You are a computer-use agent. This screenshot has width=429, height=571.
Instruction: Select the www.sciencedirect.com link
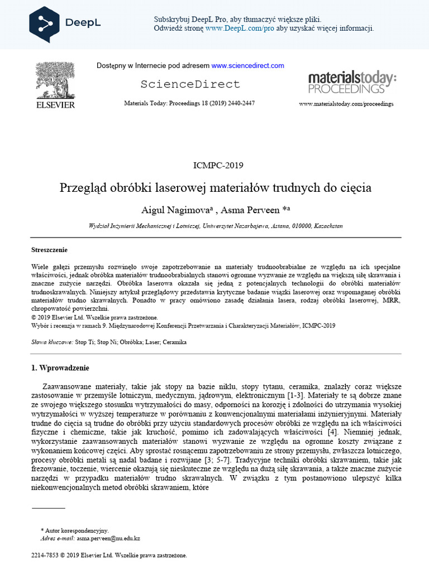pyautogui.click(x=247, y=66)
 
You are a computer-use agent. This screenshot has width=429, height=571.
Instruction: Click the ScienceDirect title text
pyautogui.click(x=190, y=84)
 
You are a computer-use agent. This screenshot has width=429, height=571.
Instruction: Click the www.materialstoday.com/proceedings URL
pyautogui.click(x=346, y=104)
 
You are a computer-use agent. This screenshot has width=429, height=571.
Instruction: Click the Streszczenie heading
pyautogui.click(x=50, y=250)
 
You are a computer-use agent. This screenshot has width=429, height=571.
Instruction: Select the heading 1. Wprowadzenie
pyautogui.click(x=60, y=368)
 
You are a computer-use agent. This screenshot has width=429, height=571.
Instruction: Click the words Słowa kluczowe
pyautogui.click(x=52, y=342)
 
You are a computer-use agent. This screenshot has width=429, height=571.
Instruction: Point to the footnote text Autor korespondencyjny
pyautogui.click(x=77, y=531)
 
